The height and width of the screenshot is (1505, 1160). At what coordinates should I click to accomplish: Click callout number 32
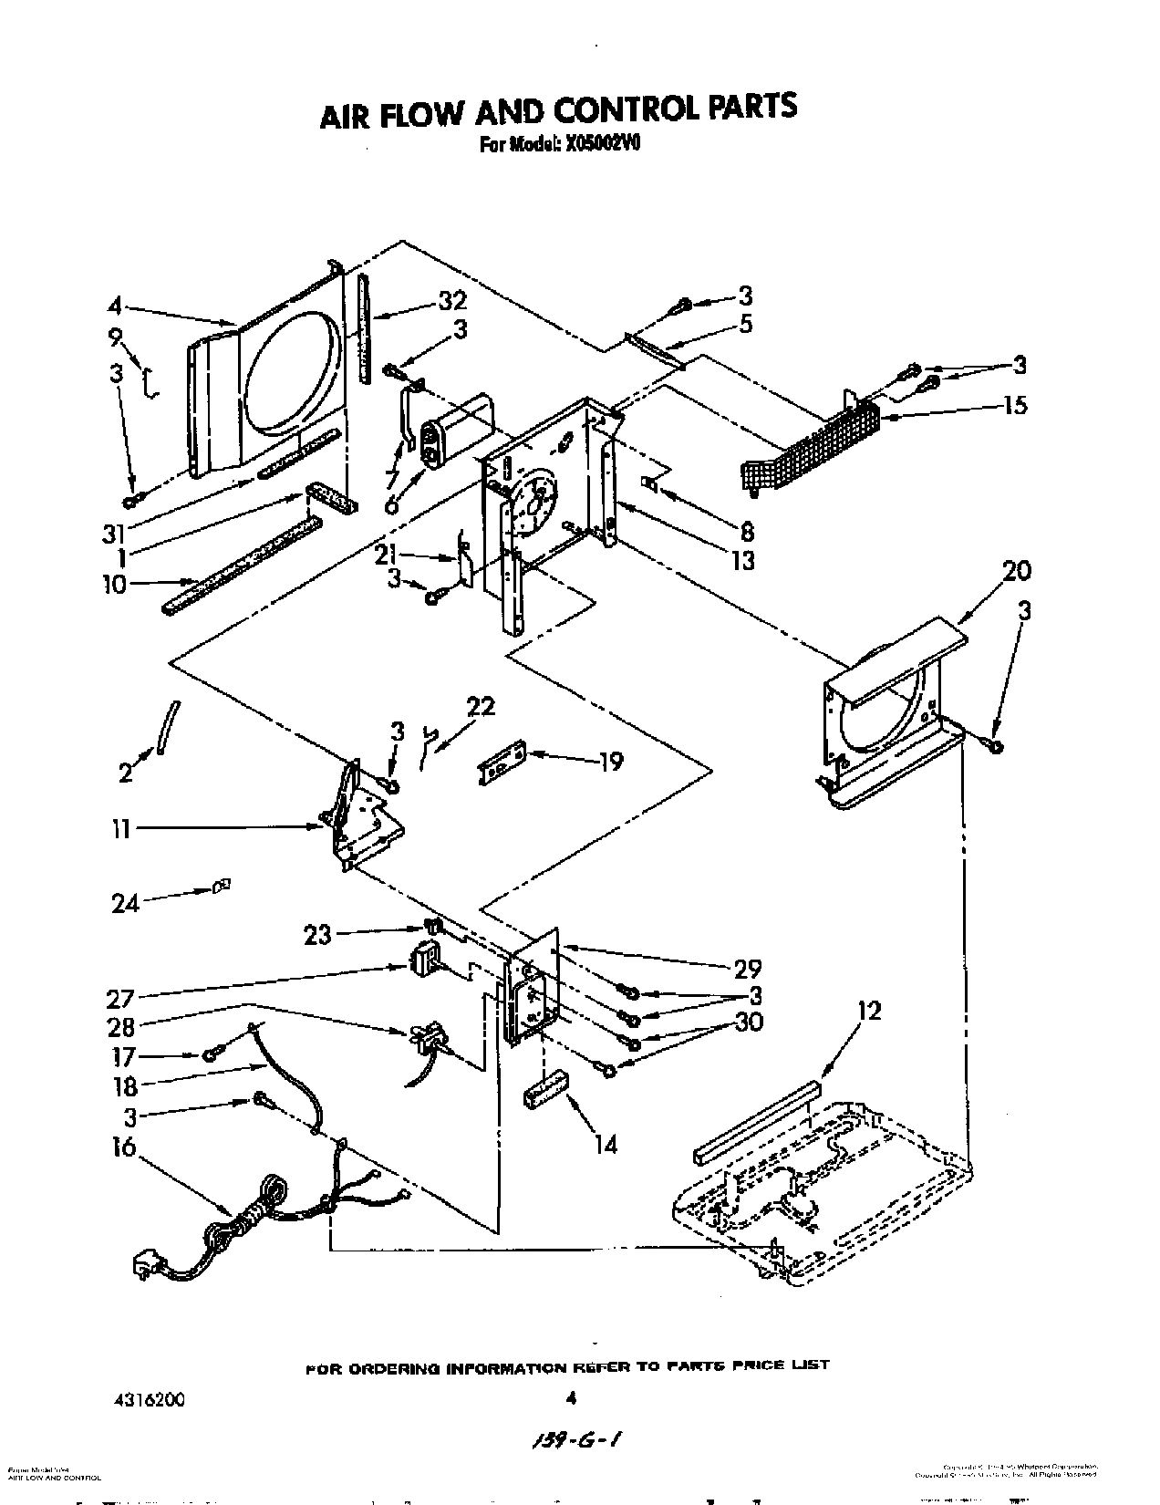(451, 300)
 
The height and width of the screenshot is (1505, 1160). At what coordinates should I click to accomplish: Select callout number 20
(1017, 571)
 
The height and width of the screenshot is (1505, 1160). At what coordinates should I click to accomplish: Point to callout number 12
(870, 1011)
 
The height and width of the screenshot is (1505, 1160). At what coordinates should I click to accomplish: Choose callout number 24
(126, 903)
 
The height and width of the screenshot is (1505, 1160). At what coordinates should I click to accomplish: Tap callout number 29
(748, 968)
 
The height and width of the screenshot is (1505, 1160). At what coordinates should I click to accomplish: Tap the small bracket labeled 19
(502, 761)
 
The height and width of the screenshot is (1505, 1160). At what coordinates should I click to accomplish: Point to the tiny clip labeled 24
(221, 884)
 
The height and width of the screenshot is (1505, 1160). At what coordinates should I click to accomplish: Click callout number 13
(743, 559)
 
